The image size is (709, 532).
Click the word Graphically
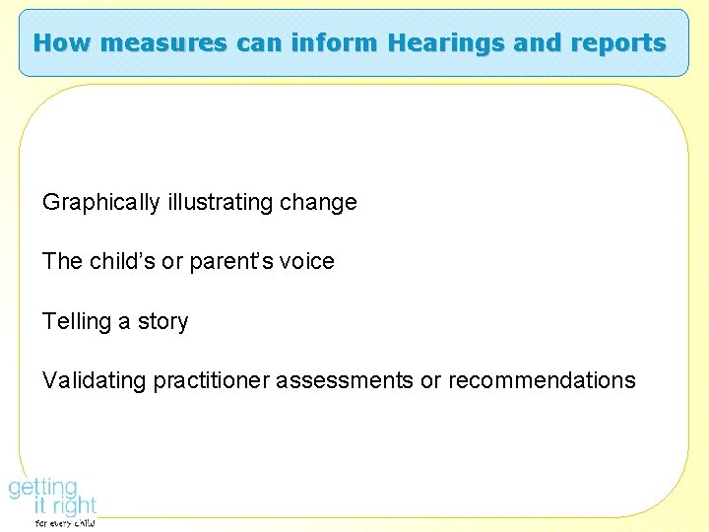point(100,203)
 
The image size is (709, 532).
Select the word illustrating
point(220,203)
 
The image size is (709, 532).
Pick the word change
point(318,203)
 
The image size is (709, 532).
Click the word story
point(162,321)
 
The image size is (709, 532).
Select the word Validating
point(94,380)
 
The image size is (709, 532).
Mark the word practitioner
point(211,380)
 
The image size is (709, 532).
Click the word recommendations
point(542,380)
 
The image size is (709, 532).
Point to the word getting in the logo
point(42,487)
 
